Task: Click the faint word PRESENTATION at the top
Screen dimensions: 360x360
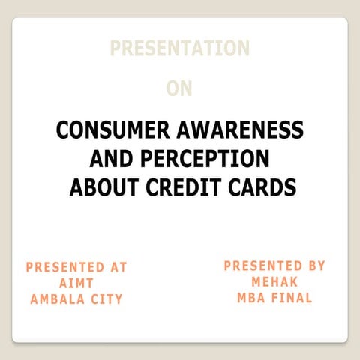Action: pos(179,49)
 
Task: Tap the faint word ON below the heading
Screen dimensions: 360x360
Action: pos(179,88)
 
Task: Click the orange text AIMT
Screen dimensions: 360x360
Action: pos(76,283)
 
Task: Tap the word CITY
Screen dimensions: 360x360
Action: pos(106,299)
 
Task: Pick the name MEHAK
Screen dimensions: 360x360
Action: pos(274,281)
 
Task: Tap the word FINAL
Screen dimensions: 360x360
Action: pos(293,297)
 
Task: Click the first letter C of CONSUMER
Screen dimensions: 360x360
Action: pos(63,130)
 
